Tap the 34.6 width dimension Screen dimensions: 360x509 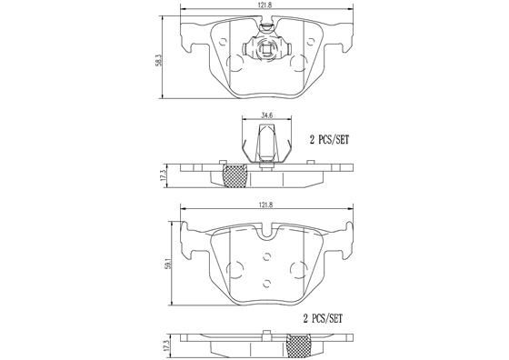266,115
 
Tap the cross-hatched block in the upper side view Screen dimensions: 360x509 236,175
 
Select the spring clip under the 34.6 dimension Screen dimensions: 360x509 266,147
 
